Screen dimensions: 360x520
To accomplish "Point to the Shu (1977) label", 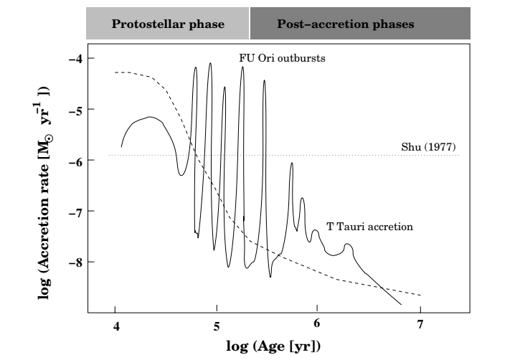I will (x=429, y=148).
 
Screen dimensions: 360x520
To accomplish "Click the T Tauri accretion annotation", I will (x=370, y=227).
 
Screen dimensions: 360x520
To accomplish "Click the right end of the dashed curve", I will (x=420, y=295).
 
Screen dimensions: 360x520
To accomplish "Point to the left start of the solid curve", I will (x=121, y=146).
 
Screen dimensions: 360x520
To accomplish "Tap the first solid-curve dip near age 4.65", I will (x=181, y=175).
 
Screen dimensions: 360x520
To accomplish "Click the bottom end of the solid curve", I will (x=401, y=305).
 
